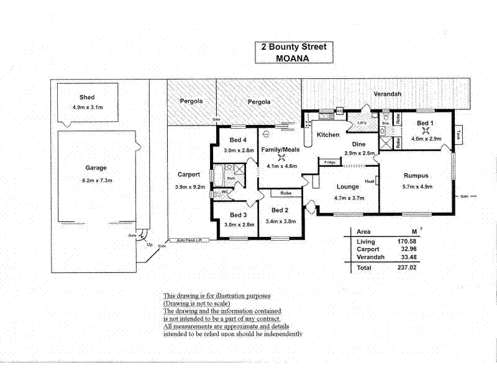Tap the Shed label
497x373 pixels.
click(x=86, y=98)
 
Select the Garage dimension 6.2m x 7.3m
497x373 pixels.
click(x=96, y=180)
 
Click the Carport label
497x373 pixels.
click(x=188, y=175)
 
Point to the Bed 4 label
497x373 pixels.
click(x=238, y=139)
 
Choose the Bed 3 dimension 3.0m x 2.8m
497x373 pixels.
click(x=239, y=224)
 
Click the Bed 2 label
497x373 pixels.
click(x=281, y=210)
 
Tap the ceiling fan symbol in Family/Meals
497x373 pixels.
click(x=281, y=157)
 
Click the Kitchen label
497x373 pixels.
click(x=328, y=135)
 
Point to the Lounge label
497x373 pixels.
click(x=348, y=186)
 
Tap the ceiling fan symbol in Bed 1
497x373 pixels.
click(x=426, y=130)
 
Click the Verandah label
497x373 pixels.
click(x=387, y=94)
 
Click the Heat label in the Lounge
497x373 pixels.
click(x=370, y=182)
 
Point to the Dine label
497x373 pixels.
click(x=360, y=144)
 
